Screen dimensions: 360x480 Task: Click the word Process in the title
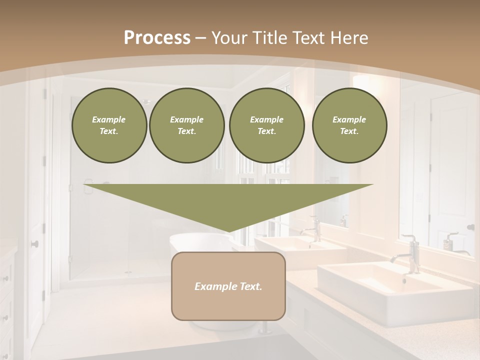tap(157, 37)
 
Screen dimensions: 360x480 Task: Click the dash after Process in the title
tap(201, 38)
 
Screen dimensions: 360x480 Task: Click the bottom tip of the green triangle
tap(228, 231)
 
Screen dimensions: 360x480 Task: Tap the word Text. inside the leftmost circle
tap(109, 131)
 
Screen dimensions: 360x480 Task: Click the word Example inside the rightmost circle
tap(349, 119)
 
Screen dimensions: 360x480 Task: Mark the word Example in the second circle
tap(186, 119)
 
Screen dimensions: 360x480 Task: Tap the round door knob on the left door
tap(34, 244)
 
